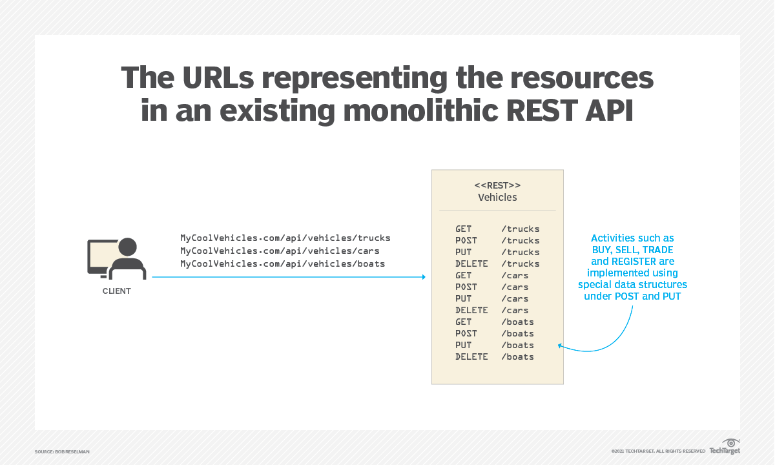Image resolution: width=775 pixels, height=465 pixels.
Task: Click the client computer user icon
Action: point(117,258)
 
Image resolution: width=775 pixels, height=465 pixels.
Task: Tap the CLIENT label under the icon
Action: point(117,291)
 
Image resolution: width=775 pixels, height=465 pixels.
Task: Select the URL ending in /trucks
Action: point(285,238)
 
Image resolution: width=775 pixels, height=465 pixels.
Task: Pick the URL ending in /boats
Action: point(282,263)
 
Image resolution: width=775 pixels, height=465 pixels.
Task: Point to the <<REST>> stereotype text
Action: point(497,185)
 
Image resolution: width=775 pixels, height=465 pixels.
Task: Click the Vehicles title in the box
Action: point(497,198)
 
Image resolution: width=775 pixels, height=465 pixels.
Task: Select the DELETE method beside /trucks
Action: point(471,263)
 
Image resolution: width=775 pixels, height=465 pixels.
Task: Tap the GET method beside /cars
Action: point(463,275)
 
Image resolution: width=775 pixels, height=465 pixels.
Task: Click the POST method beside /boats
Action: point(466,333)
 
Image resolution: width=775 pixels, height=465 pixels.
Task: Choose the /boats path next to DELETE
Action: point(517,356)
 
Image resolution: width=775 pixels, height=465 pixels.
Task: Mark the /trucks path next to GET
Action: point(520,229)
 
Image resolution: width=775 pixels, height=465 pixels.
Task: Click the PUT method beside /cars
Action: point(463,298)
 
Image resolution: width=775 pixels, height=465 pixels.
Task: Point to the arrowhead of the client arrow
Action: point(423,277)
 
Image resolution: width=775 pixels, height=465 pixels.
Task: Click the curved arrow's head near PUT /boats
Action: point(561,347)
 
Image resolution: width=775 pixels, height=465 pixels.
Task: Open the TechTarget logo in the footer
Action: point(725,447)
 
